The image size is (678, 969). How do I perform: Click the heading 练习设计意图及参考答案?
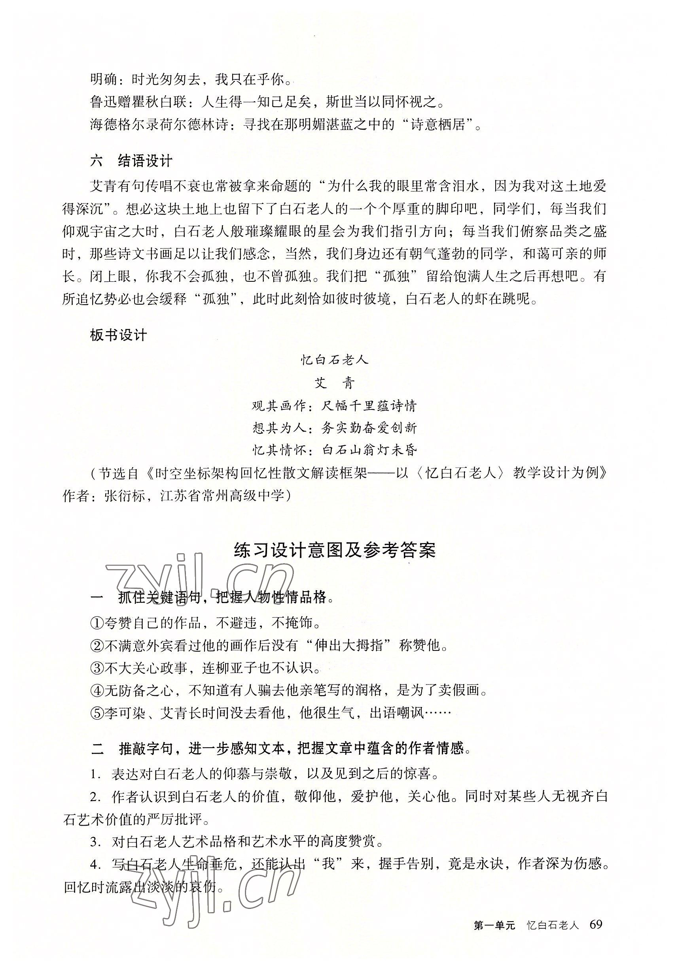tap(335, 551)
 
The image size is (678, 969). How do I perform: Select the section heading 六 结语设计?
tap(131, 161)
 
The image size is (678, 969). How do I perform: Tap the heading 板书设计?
tap(118, 336)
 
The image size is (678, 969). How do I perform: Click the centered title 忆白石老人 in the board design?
tap(335, 360)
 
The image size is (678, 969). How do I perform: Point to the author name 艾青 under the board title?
tap(335, 383)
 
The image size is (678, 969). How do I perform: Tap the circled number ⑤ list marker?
tap(97, 713)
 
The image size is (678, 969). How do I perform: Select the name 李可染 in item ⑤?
tap(125, 713)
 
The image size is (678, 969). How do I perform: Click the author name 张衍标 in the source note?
tap(125, 495)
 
